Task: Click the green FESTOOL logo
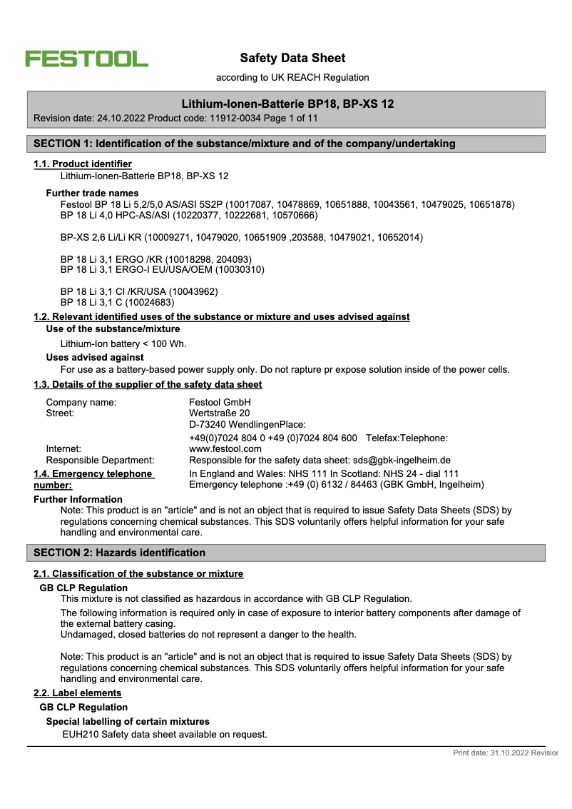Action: pyautogui.click(x=87, y=59)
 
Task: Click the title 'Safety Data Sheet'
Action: pyautogui.click(x=292, y=58)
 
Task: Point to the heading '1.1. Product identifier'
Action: pyautogui.click(x=83, y=164)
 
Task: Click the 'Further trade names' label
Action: pyautogui.click(x=92, y=193)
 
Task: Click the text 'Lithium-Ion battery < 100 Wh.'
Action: pyautogui.click(x=123, y=343)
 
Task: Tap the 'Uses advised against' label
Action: pyautogui.click(x=95, y=357)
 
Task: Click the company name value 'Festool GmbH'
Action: pyautogui.click(x=220, y=402)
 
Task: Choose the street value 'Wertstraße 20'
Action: pyautogui.click(x=220, y=413)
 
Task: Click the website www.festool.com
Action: pyautogui.click(x=225, y=448)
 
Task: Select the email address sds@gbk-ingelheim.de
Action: pyautogui.click(x=392, y=460)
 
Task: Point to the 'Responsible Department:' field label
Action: pyautogui.click(x=100, y=460)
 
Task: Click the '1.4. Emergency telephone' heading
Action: pyautogui.click(x=93, y=473)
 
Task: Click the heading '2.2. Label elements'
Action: pyautogui.click(x=78, y=693)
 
